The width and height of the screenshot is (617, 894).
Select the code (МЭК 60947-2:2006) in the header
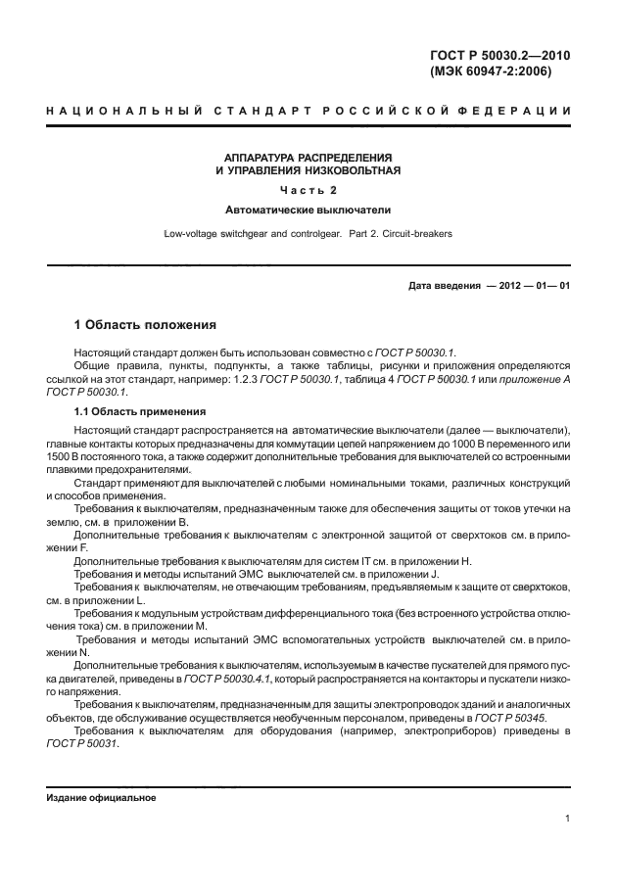491,72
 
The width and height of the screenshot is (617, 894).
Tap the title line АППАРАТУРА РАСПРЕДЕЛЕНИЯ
308,158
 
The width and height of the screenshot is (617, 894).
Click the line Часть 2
308,190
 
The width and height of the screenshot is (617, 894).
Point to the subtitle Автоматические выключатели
308,210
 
